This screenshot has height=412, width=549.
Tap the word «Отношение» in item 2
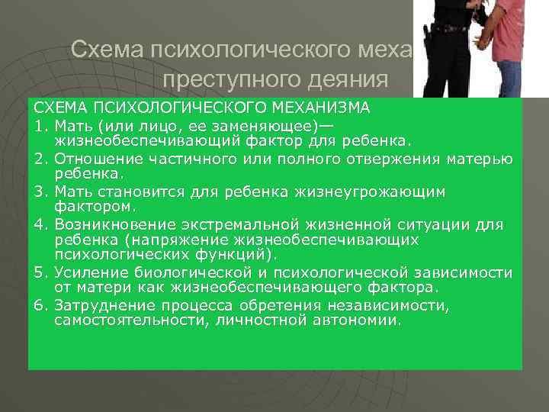(x=94, y=159)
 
